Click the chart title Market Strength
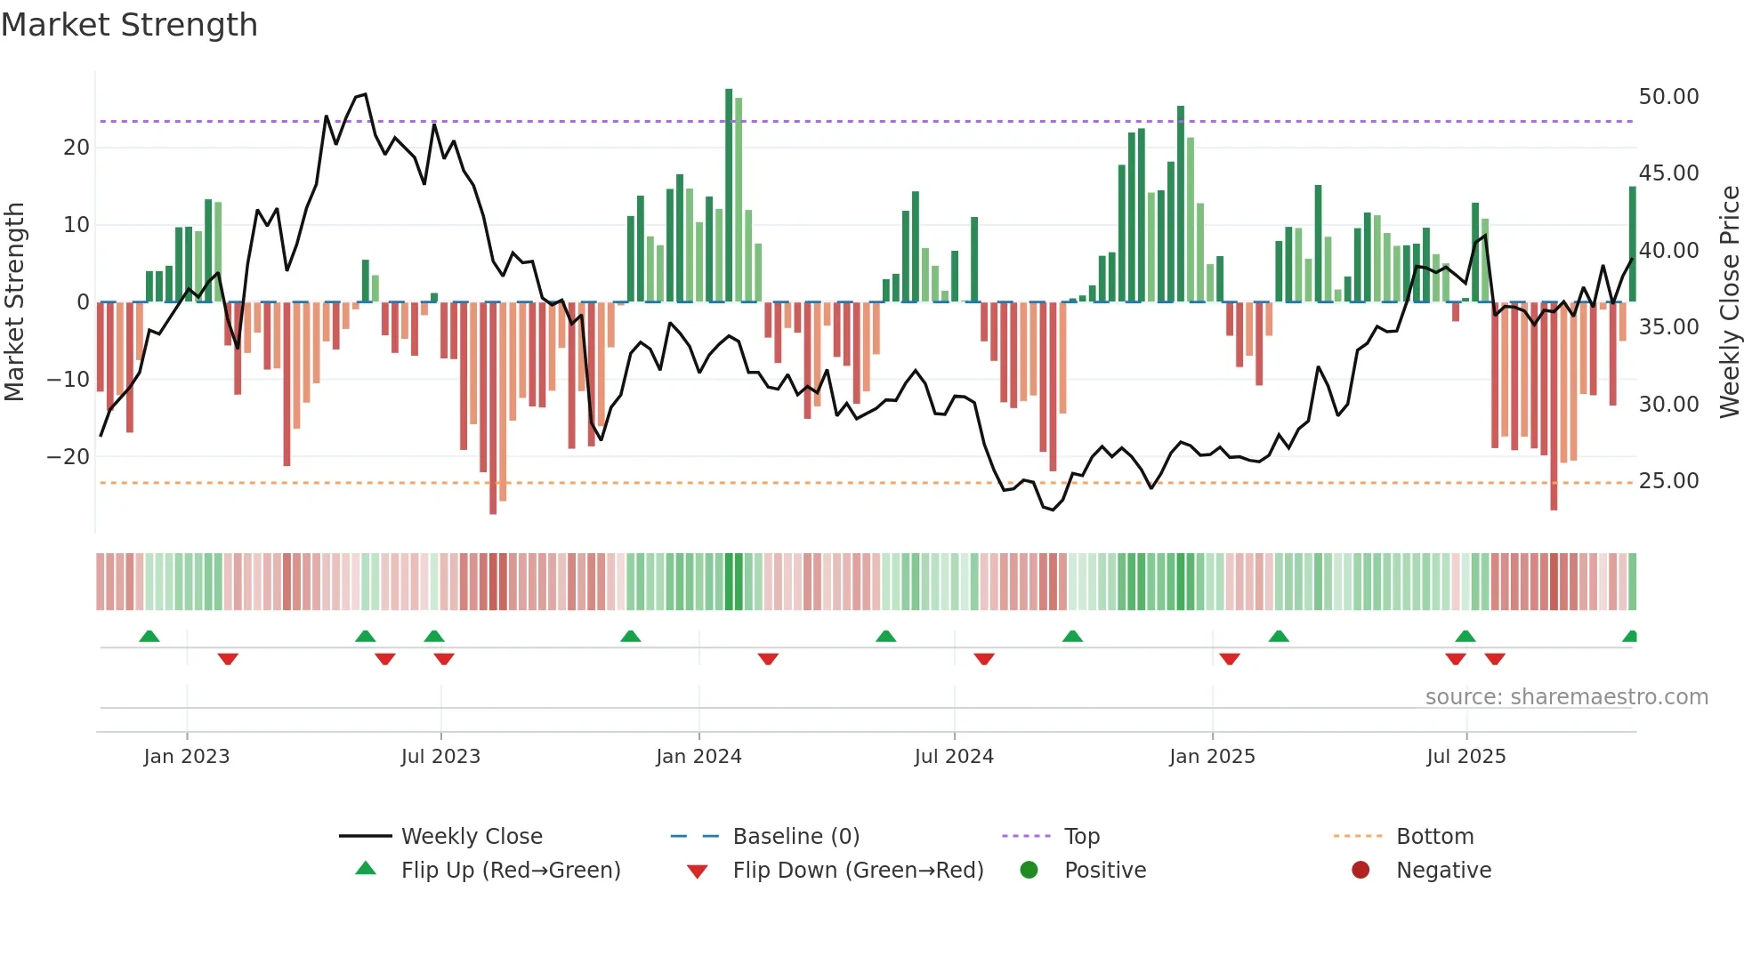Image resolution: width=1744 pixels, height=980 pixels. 130,25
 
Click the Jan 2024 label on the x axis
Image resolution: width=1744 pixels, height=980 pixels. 698,757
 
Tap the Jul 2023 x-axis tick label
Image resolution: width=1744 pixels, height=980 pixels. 440,757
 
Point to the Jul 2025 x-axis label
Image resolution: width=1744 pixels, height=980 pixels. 1465,757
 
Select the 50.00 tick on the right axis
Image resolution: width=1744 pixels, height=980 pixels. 1668,97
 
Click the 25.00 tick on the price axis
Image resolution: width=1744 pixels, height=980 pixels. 1668,481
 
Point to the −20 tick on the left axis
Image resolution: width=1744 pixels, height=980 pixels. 68,457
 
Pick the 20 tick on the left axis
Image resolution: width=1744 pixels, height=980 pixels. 77,148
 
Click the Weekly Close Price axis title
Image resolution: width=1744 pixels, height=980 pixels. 1729,302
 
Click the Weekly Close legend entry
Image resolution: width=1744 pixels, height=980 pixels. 471,837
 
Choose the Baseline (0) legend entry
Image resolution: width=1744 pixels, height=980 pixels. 795,837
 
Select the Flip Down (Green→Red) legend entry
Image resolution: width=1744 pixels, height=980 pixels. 858,871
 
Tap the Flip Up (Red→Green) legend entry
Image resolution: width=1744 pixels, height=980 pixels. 510,871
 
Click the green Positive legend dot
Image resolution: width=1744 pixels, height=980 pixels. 1029,871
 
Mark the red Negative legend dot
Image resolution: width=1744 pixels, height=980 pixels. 1360,871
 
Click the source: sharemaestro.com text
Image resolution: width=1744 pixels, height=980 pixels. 1566,697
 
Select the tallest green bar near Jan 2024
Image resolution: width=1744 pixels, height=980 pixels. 729,196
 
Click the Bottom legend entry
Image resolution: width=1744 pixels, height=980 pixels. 1434,837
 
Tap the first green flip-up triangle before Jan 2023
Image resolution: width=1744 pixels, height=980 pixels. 149,637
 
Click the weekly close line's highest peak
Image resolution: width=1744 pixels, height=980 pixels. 365,94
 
